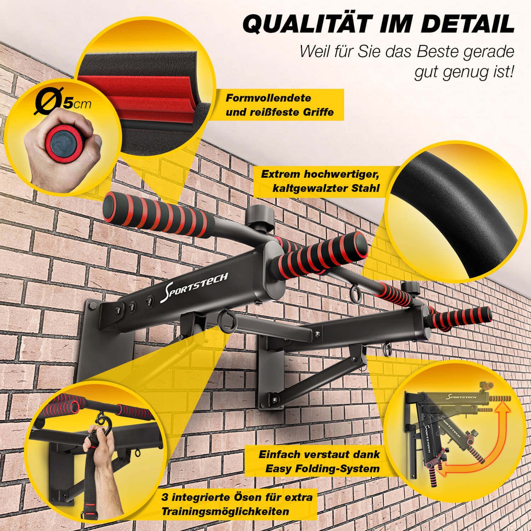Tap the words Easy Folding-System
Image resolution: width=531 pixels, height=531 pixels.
[x=322, y=469]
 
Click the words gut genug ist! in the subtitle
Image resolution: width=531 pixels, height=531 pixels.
[x=464, y=73]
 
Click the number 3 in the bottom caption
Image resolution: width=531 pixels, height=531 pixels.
[x=164, y=497]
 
